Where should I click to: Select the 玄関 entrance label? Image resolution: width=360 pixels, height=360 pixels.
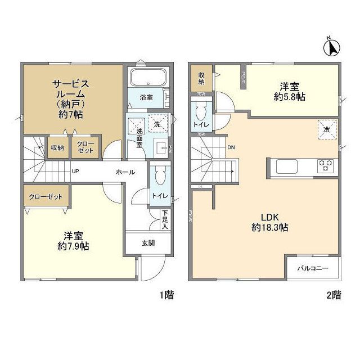point(148,243)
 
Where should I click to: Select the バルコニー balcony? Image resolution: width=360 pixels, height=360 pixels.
point(313,268)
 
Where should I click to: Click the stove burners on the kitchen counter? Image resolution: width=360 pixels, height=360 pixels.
point(326,165)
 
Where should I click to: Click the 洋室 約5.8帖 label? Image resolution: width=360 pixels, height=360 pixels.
point(290,92)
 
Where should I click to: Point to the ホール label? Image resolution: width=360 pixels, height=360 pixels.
point(125,173)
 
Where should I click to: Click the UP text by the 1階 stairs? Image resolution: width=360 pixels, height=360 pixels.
point(75,172)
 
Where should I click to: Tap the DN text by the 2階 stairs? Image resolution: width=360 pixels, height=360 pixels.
point(231,148)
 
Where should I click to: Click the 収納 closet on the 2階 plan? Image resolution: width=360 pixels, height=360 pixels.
point(201,78)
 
